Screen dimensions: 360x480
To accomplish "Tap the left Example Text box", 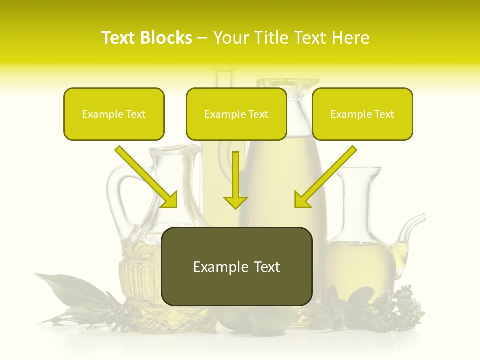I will pos(114,114).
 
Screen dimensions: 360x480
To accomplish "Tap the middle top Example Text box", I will pos(236,114).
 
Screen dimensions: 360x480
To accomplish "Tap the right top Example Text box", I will pos(362,114).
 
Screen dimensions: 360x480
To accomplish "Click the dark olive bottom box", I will pos(237,266).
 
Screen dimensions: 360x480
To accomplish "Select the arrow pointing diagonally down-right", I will pos(147,177).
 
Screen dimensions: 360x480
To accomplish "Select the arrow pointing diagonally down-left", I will pos(325,177).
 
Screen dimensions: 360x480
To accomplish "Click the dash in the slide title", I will pos(202,38).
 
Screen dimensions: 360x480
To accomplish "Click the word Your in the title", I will pos(230,38).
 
